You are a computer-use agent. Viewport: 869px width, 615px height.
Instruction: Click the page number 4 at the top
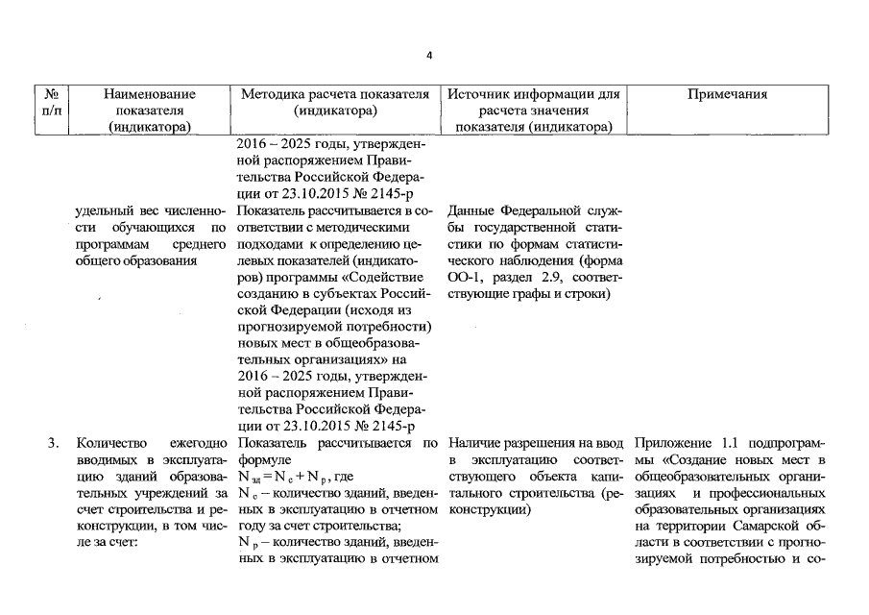tap(430, 55)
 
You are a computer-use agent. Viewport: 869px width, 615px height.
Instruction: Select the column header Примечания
tap(727, 94)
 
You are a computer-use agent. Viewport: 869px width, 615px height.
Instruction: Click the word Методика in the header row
tap(275, 94)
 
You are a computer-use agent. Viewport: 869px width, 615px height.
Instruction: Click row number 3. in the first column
tap(54, 443)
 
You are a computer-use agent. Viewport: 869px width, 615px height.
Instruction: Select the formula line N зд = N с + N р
tap(289, 476)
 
